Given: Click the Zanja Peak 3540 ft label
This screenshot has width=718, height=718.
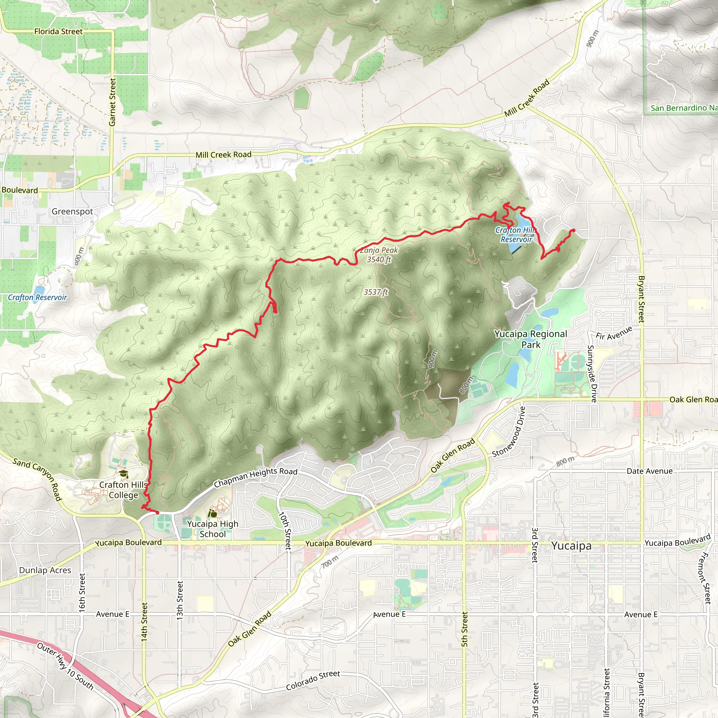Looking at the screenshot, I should point(379,255).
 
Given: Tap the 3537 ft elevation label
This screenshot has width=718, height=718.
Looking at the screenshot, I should point(376,292).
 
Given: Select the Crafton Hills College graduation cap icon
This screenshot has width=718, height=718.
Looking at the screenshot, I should point(123,474).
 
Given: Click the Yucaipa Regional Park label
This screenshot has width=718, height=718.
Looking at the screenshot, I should point(531,339).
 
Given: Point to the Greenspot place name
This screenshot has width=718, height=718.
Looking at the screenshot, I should point(72,211).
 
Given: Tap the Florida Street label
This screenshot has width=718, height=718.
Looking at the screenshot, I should point(58,32).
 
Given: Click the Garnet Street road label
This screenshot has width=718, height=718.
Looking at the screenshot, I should point(113,102).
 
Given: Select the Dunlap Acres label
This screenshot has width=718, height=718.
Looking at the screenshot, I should point(45,570).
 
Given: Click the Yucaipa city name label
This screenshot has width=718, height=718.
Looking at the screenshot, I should point(571,546).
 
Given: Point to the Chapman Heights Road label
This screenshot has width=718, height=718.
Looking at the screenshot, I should point(256,477).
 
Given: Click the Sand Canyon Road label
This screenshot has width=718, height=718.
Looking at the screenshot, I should point(37,479).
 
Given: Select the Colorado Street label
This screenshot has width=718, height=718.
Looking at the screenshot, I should point(313,680).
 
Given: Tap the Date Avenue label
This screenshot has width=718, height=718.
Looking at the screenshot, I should point(650,471).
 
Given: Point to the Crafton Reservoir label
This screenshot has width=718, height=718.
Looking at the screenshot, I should point(37,297).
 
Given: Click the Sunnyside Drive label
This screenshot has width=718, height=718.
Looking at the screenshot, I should point(592,373).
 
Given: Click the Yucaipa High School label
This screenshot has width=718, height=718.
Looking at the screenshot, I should point(212,529).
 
